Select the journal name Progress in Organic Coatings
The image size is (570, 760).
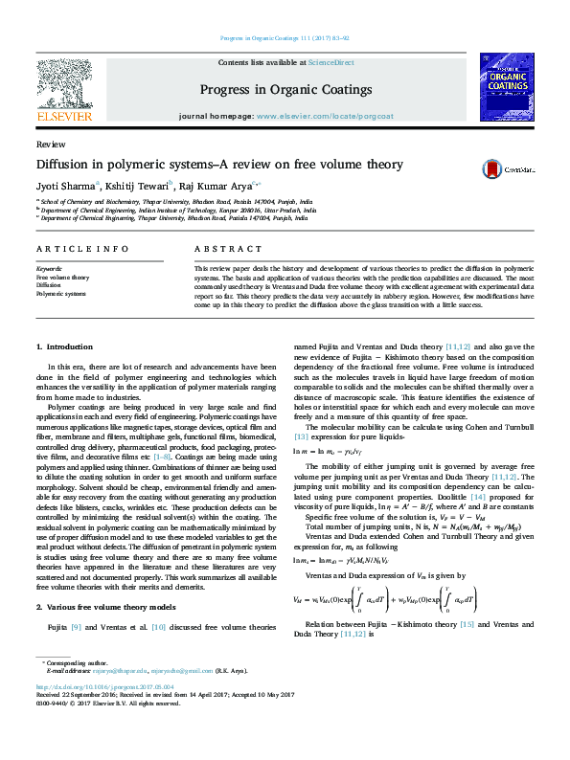[x=285, y=90]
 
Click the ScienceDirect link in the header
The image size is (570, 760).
[x=331, y=62]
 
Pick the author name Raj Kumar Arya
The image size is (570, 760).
[x=204, y=186]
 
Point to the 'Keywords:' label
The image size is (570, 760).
[x=50, y=270]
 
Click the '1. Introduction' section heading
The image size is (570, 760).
[x=64, y=346]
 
